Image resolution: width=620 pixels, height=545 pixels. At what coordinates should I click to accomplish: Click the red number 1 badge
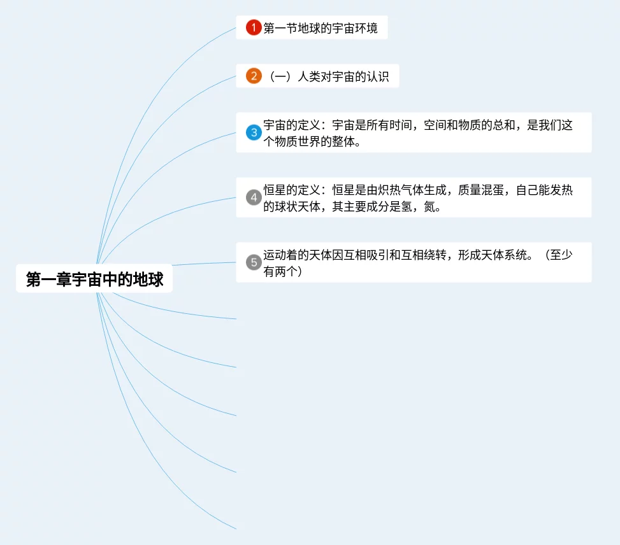[x=254, y=27]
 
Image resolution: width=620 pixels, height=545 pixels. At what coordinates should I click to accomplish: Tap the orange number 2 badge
[x=254, y=76]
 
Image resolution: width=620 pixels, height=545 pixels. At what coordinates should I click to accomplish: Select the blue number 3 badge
[x=254, y=132]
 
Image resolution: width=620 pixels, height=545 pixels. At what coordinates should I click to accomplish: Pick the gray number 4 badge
[x=254, y=197]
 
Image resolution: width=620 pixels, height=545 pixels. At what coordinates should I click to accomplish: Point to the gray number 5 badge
[x=254, y=262]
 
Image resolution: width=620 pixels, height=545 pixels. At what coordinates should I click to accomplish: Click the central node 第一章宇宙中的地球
[x=94, y=280]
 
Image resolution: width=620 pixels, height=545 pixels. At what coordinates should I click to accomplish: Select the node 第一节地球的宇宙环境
[x=320, y=28]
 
